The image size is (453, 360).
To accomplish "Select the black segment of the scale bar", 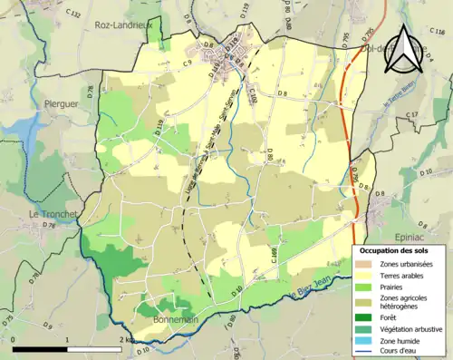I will point(41,348).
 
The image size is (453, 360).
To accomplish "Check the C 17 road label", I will point(412,115).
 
